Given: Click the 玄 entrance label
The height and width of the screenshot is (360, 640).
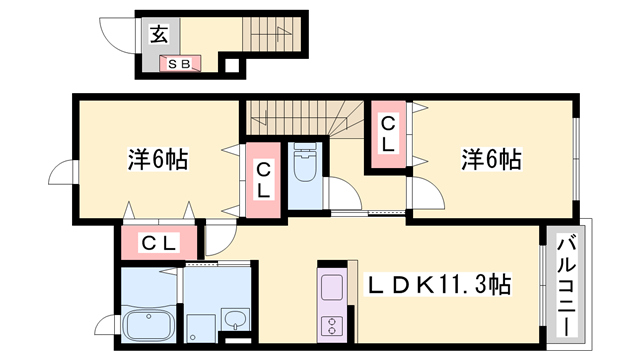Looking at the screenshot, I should (x=159, y=35).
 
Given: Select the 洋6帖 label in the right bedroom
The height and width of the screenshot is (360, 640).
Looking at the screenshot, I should (x=490, y=159).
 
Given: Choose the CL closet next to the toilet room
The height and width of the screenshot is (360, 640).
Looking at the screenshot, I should (x=263, y=181).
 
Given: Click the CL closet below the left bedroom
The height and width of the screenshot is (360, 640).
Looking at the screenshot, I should (x=158, y=242).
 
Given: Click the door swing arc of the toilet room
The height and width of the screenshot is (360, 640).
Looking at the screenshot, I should (x=339, y=195).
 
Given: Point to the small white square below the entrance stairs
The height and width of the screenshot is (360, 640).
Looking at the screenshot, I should (x=232, y=67).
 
